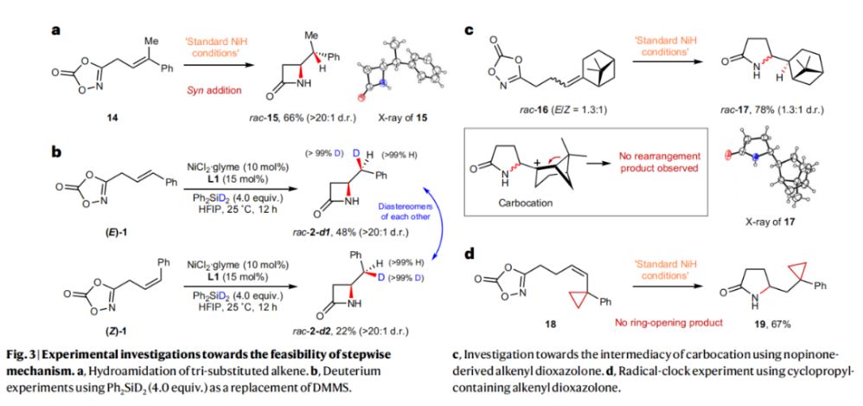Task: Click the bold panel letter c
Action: [x=469, y=32]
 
